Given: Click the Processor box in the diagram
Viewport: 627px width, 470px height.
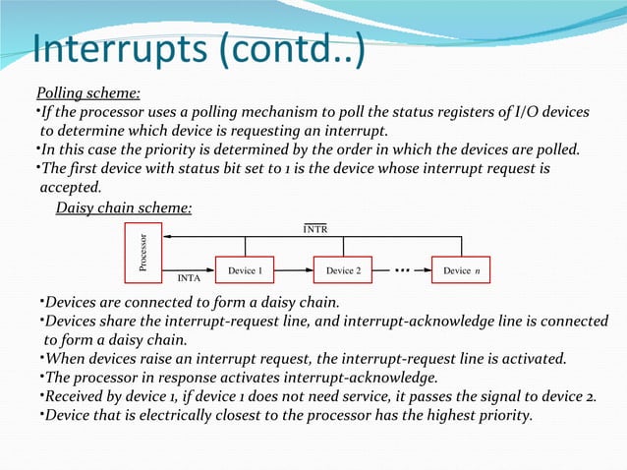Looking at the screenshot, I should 143,253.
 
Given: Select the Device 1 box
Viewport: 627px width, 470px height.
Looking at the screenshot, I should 245,270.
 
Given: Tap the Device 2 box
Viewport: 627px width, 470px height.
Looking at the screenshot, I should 343,270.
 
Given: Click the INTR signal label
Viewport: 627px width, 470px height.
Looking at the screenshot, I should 316,229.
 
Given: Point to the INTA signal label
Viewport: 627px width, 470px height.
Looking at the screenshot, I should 190,279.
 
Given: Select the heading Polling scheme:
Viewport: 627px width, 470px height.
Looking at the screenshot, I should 87,94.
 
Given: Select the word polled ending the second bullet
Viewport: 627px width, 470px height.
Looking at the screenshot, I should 556,150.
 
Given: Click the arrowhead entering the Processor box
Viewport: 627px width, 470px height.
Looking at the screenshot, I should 168,237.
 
